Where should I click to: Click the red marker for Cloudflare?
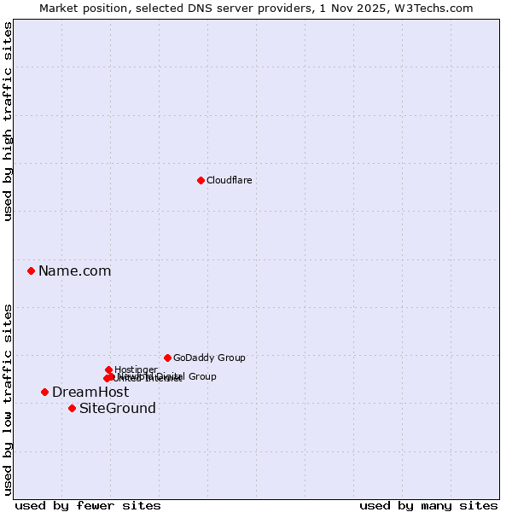201,180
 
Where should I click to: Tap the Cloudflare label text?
229,180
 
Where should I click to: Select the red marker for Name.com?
31,271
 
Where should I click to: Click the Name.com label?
74,271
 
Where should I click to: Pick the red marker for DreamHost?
44,392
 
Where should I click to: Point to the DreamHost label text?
90,393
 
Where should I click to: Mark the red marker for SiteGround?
72,408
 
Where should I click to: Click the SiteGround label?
118,409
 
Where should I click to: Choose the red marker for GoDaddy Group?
167,358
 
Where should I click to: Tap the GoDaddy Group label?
209,358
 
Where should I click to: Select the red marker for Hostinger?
108,369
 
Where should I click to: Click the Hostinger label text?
136,369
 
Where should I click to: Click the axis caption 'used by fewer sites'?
88,505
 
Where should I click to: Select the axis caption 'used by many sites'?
428,505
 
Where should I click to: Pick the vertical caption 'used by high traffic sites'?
9,122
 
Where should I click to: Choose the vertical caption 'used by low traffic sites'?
9,399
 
